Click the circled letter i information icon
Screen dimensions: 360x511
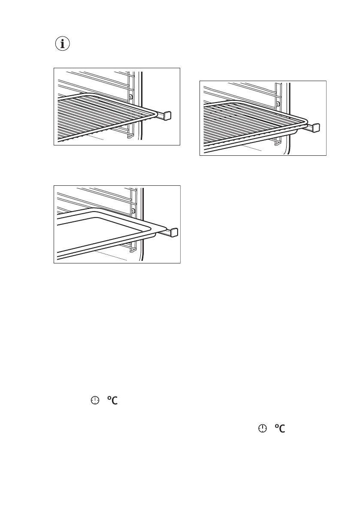63,44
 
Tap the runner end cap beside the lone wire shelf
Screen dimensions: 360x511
168,115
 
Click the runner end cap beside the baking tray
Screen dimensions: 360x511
174,233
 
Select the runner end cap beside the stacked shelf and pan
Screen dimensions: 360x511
317,127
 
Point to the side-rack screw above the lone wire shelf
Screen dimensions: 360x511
131,97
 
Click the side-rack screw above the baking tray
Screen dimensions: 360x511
134,212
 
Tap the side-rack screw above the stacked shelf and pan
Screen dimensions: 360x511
278,104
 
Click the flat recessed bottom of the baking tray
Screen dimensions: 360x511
99,234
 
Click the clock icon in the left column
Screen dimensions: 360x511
94,400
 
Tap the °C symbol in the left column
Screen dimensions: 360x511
112,400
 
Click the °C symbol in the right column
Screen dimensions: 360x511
280,429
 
